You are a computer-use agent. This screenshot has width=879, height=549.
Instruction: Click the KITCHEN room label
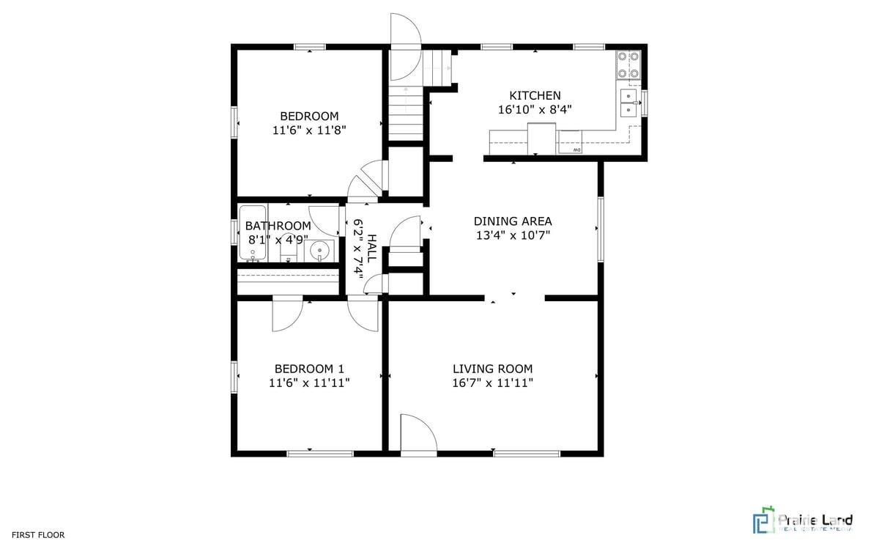coord(535,95)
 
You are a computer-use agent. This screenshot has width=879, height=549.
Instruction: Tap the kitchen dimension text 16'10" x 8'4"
coord(535,109)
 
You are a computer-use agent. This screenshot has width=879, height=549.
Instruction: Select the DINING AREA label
coord(513,221)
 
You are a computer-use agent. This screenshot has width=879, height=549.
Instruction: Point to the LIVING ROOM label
coord(492,369)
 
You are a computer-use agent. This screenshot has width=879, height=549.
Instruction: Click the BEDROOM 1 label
coord(309,369)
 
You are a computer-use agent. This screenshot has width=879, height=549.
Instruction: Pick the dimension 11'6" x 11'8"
coord(309,130)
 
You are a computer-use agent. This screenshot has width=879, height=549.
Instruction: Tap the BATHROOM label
coord(278,226)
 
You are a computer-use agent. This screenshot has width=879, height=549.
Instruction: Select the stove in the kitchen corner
coord(628,64)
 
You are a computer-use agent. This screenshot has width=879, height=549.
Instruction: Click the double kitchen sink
coord(628,103)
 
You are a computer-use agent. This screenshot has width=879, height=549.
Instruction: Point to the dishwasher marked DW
coord(570,143)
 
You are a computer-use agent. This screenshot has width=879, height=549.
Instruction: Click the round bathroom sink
coord(320,251)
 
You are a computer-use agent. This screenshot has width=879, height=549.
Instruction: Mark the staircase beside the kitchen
coord(406,110)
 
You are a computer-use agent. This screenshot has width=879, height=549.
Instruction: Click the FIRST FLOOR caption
coord(37,535)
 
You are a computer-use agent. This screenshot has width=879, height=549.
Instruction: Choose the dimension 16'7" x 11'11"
coord(492,383)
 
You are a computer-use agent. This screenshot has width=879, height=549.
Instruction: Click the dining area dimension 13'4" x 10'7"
coord(513,235)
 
